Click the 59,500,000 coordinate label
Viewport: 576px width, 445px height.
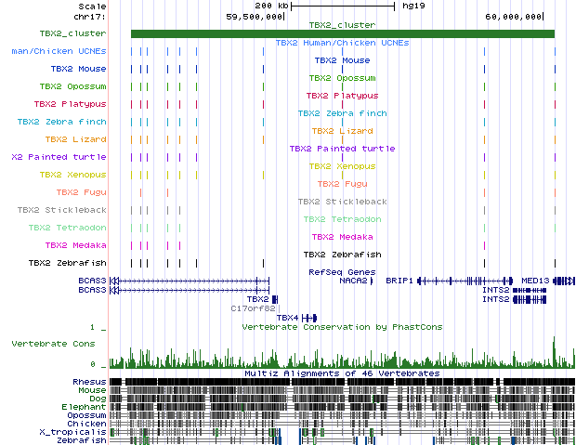click(255, 16)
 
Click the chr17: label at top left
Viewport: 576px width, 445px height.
click(91, 16)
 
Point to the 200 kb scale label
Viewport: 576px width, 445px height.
click(270, 6)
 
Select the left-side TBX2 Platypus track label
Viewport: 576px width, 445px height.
click(70, 104)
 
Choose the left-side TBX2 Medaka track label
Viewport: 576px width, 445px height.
click(76, 245)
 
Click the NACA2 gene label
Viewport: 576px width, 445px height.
click(352, 280)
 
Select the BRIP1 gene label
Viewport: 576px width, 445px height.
click(399, 280)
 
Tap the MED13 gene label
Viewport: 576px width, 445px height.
click(535, 280)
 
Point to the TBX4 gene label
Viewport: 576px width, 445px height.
click(287, 318)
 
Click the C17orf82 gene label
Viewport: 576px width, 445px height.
click(250, 308)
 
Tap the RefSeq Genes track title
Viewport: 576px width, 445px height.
click(341, 271)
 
